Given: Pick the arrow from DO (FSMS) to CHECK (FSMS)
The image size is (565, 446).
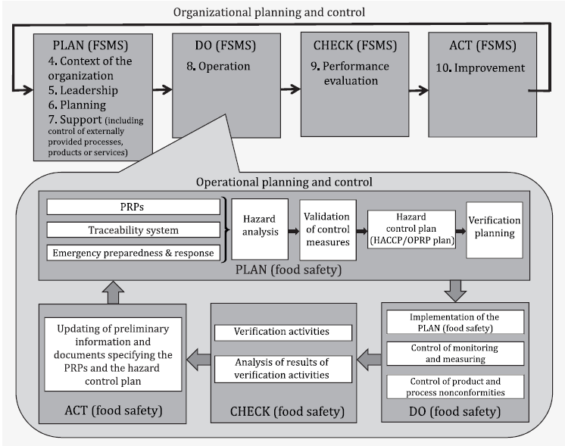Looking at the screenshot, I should [x=289, y=89].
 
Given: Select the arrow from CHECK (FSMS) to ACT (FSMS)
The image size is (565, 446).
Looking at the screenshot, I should [x=418, y=91].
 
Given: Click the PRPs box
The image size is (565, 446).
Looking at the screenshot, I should [x=133, y=207].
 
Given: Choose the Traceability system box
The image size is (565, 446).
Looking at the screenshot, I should [x=133, y=229].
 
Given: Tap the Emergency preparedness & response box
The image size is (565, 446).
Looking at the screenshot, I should [x=133, y=252].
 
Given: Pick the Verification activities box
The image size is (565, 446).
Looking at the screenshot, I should [x=283, y=332].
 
